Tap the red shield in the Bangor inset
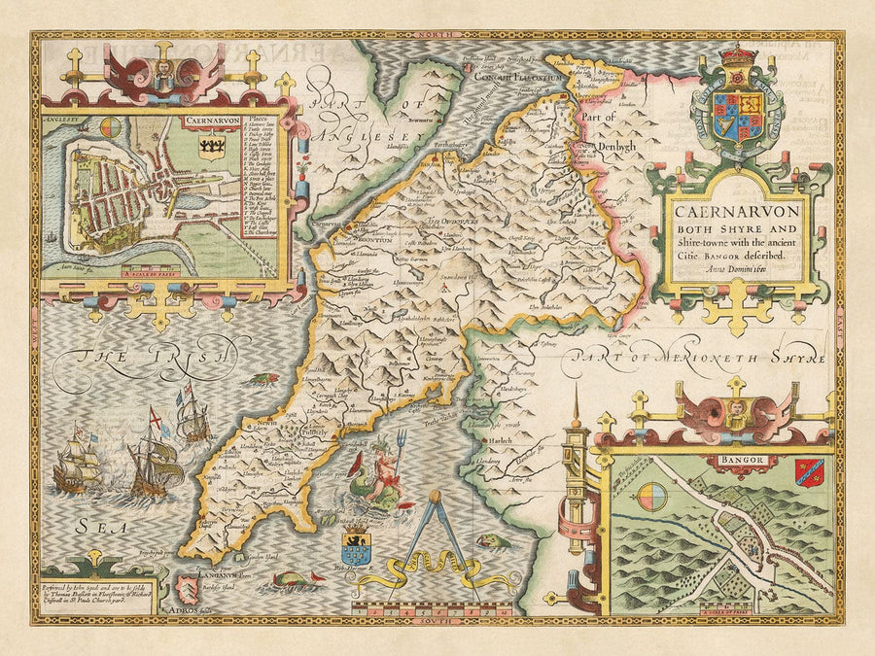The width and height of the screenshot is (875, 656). click(809, 472)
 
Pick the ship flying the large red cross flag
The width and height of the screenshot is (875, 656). click(153, 465)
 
